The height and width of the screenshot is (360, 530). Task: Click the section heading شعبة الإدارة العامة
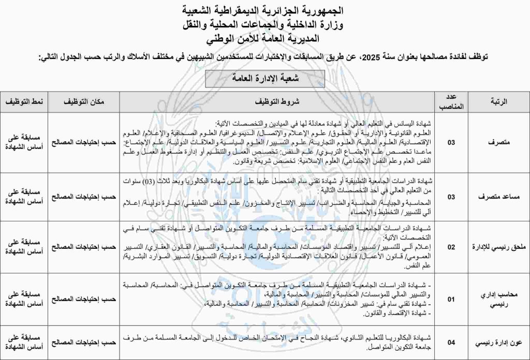coord(264,79)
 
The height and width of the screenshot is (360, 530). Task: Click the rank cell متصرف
coord(497,142)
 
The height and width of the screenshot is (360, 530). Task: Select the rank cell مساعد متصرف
coord(497,197)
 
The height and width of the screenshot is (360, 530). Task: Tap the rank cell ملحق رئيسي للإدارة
coord(497,247)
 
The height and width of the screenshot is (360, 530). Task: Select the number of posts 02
coord(451,247)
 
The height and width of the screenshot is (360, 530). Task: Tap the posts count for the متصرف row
coord(451,142)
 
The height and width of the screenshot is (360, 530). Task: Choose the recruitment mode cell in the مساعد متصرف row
coord(25,197)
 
